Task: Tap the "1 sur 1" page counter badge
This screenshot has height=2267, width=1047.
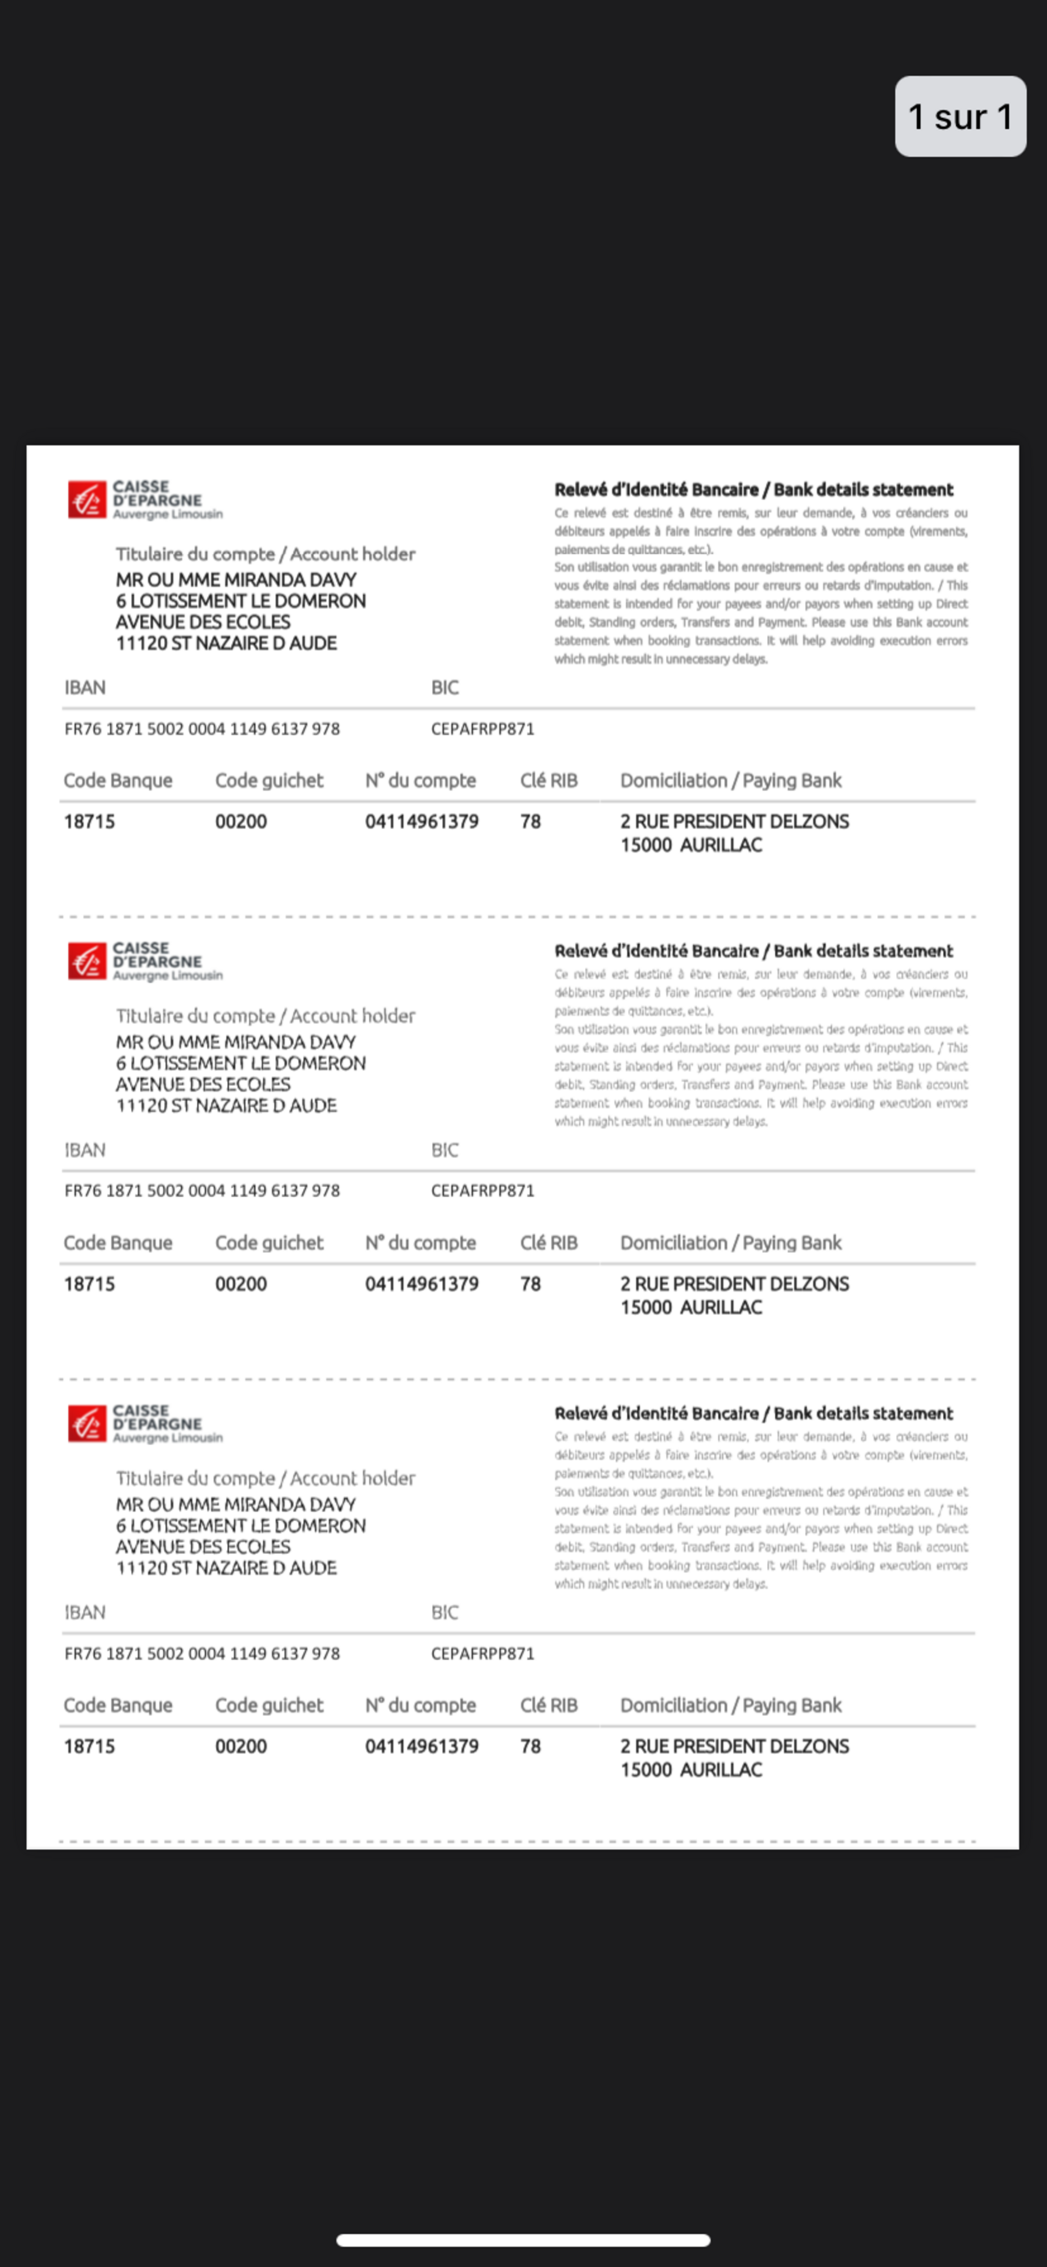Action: coord(960,116)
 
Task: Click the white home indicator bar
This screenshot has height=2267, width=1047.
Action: coord(522,2240)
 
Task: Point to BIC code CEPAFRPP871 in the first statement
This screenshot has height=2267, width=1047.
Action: coord(482,728)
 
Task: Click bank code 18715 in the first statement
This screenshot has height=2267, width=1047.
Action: coord(89,821)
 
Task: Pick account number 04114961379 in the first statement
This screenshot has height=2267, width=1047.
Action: coord(421,821)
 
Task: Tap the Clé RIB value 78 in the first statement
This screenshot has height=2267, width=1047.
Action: coord(530,821)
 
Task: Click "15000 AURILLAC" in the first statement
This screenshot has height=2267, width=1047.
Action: coord(690,845)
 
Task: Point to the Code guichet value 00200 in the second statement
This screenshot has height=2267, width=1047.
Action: coord(240,1283)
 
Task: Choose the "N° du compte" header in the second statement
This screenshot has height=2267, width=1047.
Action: coord(420,1243)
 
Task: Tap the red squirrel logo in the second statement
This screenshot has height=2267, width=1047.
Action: coord(86,961)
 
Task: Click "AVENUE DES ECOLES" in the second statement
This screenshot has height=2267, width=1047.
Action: coord(203,1084)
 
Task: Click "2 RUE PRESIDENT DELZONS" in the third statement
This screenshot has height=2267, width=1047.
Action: coord(734,1746)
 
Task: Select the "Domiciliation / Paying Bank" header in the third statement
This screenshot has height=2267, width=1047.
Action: coord(730,1705)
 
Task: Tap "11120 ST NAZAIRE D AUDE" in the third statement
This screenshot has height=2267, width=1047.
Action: coord(226,1567)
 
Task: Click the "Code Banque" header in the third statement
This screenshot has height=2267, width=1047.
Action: coord(118,1705)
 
